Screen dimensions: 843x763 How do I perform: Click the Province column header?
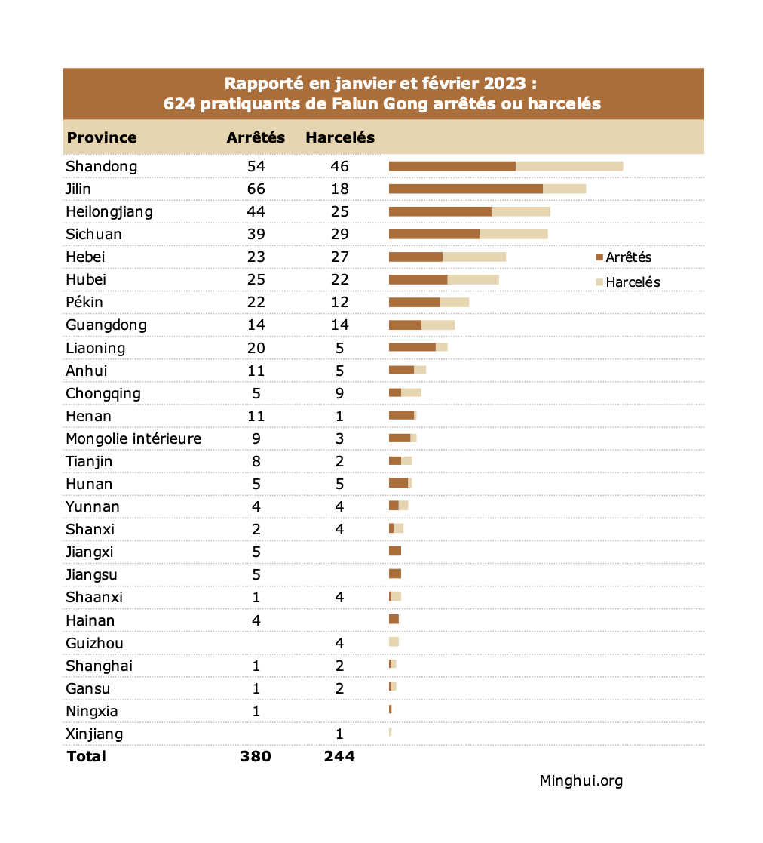coord(102,138)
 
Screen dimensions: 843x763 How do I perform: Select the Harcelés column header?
coord(339,138)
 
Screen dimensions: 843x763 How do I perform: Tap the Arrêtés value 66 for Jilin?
coord(256,189)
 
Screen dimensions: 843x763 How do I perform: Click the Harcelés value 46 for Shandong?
coord(339,166)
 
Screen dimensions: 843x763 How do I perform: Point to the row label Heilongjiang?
coord(109,211)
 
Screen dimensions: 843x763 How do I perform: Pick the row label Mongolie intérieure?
coord(133,438)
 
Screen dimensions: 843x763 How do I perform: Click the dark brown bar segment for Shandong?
coord(452,166)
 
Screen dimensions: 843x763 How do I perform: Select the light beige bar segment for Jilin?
coord(564,189)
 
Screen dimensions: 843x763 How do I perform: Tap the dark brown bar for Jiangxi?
coord(395,552)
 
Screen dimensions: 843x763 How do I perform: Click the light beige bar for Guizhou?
coord(394,642)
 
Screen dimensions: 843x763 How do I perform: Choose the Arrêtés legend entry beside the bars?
coord(624,257)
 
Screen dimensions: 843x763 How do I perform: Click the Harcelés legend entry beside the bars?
coord(627,282)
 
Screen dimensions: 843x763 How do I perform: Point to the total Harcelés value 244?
coord(339,756)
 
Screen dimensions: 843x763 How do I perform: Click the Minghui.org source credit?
coord(581,781)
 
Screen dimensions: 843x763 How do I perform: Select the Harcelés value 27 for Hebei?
coord(339,257)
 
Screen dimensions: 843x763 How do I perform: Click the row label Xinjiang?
coord(94,734)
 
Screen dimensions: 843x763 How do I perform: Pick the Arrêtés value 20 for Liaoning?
coord(256,348)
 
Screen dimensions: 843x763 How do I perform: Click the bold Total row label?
coord(87,756)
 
